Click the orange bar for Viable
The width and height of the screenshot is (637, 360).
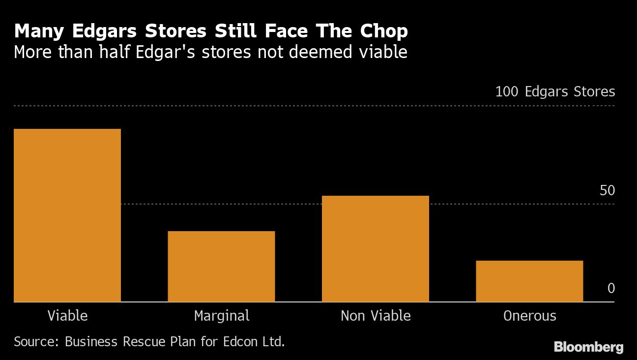[x=67, y=215]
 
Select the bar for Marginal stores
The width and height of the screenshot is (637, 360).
[x=221, y=266]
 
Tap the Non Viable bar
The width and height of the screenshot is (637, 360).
[x=376, y=248]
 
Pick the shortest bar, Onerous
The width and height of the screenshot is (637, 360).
[x=529, y=281]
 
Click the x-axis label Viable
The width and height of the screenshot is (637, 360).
[x=67, y=315]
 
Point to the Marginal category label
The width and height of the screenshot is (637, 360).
[x=222, y=315]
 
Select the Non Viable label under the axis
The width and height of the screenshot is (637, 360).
[x=376, y=315]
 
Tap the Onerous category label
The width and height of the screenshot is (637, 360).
[x=530, y=315]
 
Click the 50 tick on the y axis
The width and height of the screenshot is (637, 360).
[x=607, y=190]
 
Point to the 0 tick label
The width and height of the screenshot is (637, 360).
[x=611, y=288]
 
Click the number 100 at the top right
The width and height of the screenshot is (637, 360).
[x=507, y=92]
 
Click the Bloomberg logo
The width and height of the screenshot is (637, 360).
[x=588, y=347]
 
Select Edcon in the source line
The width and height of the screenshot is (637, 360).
[x=243, y=341]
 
